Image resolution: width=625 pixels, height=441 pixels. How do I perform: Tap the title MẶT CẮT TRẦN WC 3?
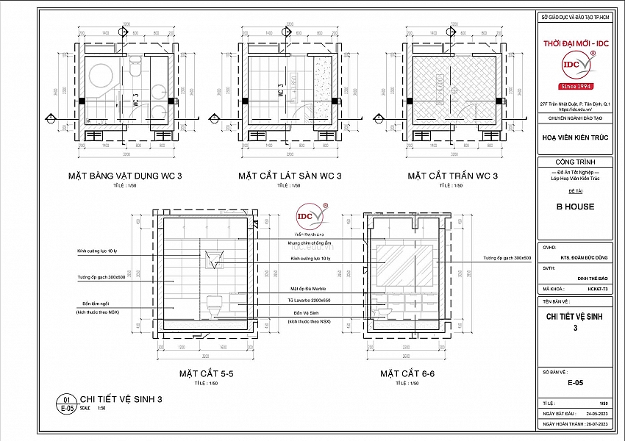pyautogui.click(x=453, y=176)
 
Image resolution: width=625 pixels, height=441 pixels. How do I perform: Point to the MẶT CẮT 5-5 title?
pyautogui.click(x=207, y=374)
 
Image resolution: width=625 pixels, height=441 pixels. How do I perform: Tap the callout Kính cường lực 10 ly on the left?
pyautogui.click(x=96, y=251)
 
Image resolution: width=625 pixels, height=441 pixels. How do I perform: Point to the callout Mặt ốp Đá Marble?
pyautogui.click(x=308, y=290)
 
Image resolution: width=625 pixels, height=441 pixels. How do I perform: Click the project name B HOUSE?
pyautogui.click(x=576, y=207)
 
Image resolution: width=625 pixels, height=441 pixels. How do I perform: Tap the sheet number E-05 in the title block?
pyautogui.click(x=576, y=383)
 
